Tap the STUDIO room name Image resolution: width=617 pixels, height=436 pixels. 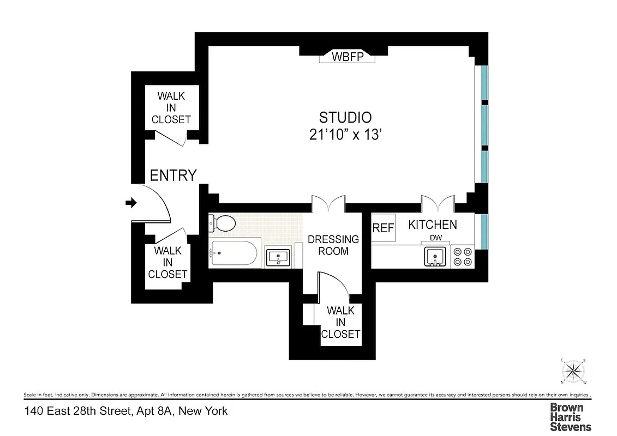point(345,117)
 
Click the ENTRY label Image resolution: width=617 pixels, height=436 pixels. point(173,175)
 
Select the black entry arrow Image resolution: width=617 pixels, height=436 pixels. point(131,203)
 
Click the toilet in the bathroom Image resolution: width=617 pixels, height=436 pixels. point(221,223)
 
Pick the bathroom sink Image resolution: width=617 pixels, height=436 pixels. point(279,256)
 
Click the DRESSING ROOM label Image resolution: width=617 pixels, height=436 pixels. point(333,245)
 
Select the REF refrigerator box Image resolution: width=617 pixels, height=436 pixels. point(383,228)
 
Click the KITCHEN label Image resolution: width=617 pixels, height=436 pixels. point(433,225)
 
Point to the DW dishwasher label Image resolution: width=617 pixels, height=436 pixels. point(435,238)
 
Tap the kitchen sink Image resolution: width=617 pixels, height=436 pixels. point(435,256)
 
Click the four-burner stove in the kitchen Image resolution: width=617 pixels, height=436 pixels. point(463,256)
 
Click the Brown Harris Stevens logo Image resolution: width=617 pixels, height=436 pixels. point(570,417)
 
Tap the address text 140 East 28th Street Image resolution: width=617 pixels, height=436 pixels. point(126,411)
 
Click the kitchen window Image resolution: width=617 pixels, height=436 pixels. point(484,231)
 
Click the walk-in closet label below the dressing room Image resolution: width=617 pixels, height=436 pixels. point(340,322)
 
